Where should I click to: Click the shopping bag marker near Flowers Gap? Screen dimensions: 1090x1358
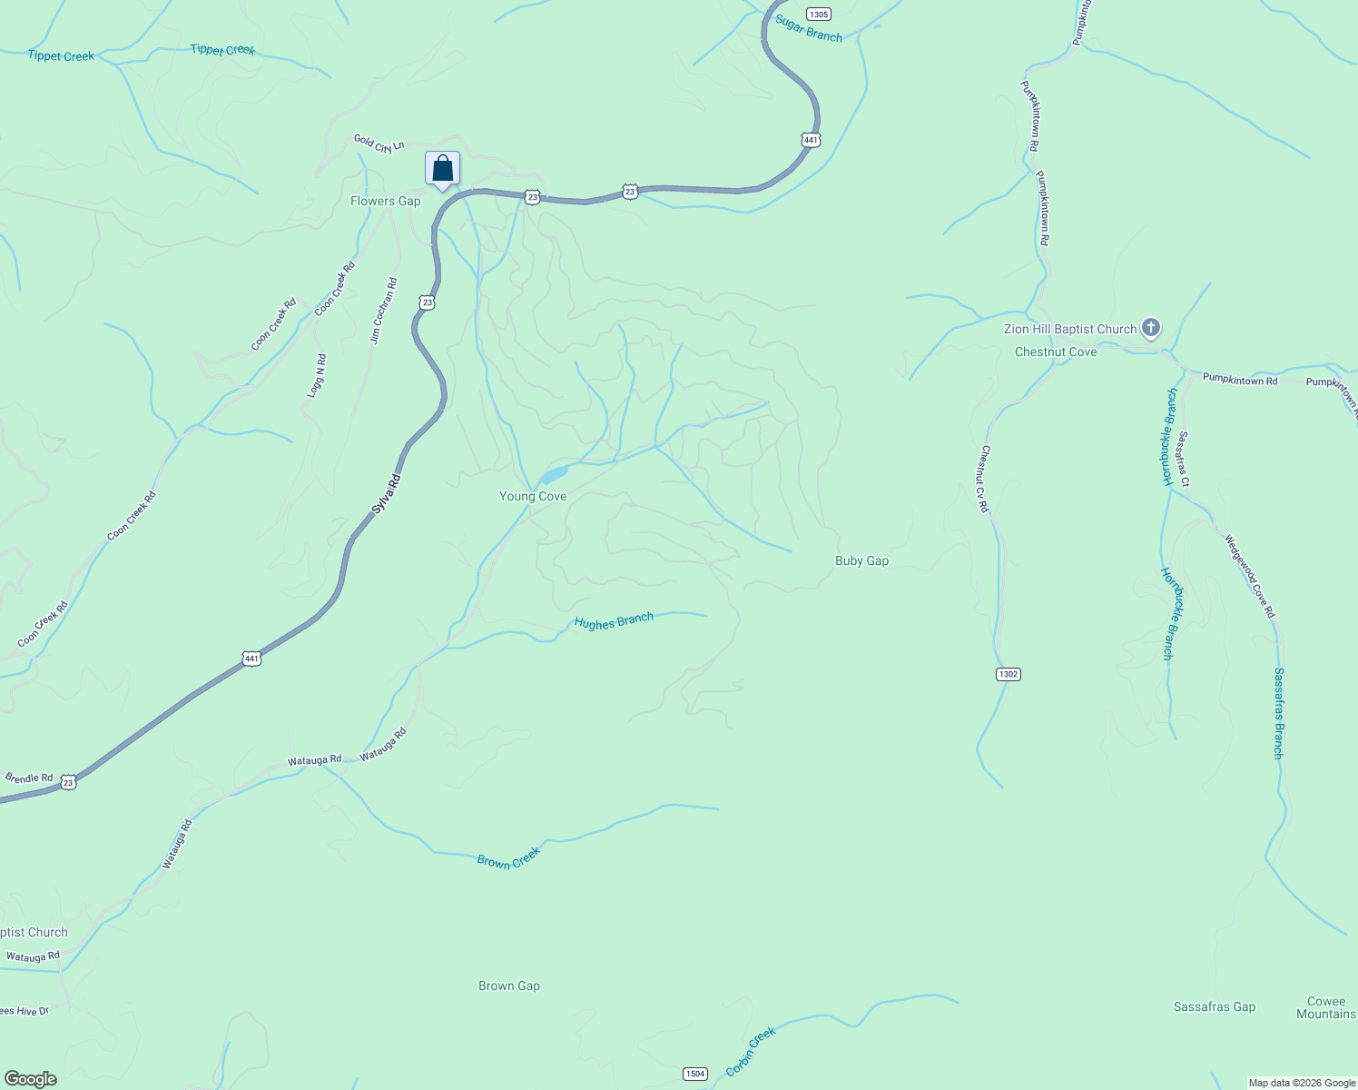click(442, 169)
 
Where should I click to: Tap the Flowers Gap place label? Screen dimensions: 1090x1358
click(385, 201)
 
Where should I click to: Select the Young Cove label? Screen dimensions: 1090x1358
click(533, 496)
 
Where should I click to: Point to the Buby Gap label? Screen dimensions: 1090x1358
click(861, 560)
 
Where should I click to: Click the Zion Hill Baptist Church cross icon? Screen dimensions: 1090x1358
click(1150, 327)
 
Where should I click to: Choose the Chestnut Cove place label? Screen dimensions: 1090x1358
click(1056, 352)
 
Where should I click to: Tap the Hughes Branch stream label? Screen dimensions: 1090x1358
click(614, 621)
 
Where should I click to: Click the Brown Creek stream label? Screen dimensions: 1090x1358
click(508, 857)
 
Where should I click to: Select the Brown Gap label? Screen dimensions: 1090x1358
click(509, 986)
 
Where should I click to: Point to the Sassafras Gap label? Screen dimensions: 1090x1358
click(1214, 1006)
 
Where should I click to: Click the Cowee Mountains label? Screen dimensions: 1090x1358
click(1325, 1007)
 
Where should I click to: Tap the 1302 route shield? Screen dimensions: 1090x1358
click(1008, 674)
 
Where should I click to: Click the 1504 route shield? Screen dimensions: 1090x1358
click(694, 1074)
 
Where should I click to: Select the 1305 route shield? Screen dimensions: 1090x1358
click(818, 15)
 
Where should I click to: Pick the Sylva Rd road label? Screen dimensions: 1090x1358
click(386, 494)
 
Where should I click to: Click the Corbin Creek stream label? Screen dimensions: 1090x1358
click(752, 1051)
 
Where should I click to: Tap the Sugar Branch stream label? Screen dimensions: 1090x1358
click(809, 30)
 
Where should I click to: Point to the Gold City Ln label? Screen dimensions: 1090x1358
click(379, 144)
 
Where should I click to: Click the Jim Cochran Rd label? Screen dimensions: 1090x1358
click(383, 311)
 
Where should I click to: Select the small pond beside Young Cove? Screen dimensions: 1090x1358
click(554, 475)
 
